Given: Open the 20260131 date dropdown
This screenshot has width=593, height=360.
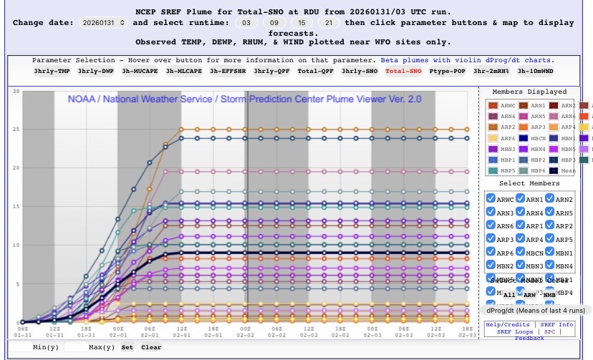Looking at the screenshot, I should pyautogui.click(x=103, y=23).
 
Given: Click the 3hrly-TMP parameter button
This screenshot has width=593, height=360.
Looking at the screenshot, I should pyautogui.click(x=52, y=72).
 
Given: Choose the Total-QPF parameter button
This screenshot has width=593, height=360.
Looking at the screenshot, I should pyautogui.click(x=316, y=72).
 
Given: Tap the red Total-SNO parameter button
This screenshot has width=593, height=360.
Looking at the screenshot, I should pyautogui.click(x=403, y=72).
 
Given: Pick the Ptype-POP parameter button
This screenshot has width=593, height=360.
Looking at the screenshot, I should pyautogui.click(x=448, y=72).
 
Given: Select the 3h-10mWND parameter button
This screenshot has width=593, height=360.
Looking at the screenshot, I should pyautogui.click(x=535, y=72).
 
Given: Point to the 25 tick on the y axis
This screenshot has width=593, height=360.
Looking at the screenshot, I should pyautogui.click(x=15, y=129).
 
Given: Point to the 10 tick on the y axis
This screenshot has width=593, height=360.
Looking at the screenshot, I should pyautogui.click(x=15, y=245).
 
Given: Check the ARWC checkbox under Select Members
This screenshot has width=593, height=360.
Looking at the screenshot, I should pyautogui.click(x=491, y=199).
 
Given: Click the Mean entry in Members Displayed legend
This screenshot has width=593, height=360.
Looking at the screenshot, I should pyautogui.click(x=567, y=171).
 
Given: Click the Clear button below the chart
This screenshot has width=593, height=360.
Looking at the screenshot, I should pyautogui.click(x=150, y=347).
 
